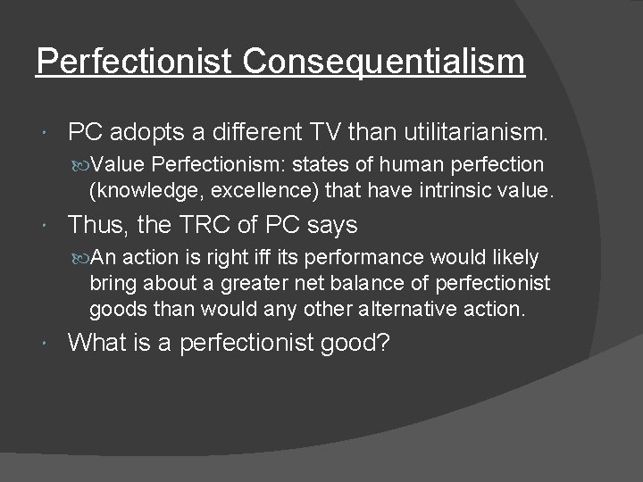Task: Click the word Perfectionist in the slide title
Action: [135, 62]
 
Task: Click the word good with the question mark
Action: [356, 343]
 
